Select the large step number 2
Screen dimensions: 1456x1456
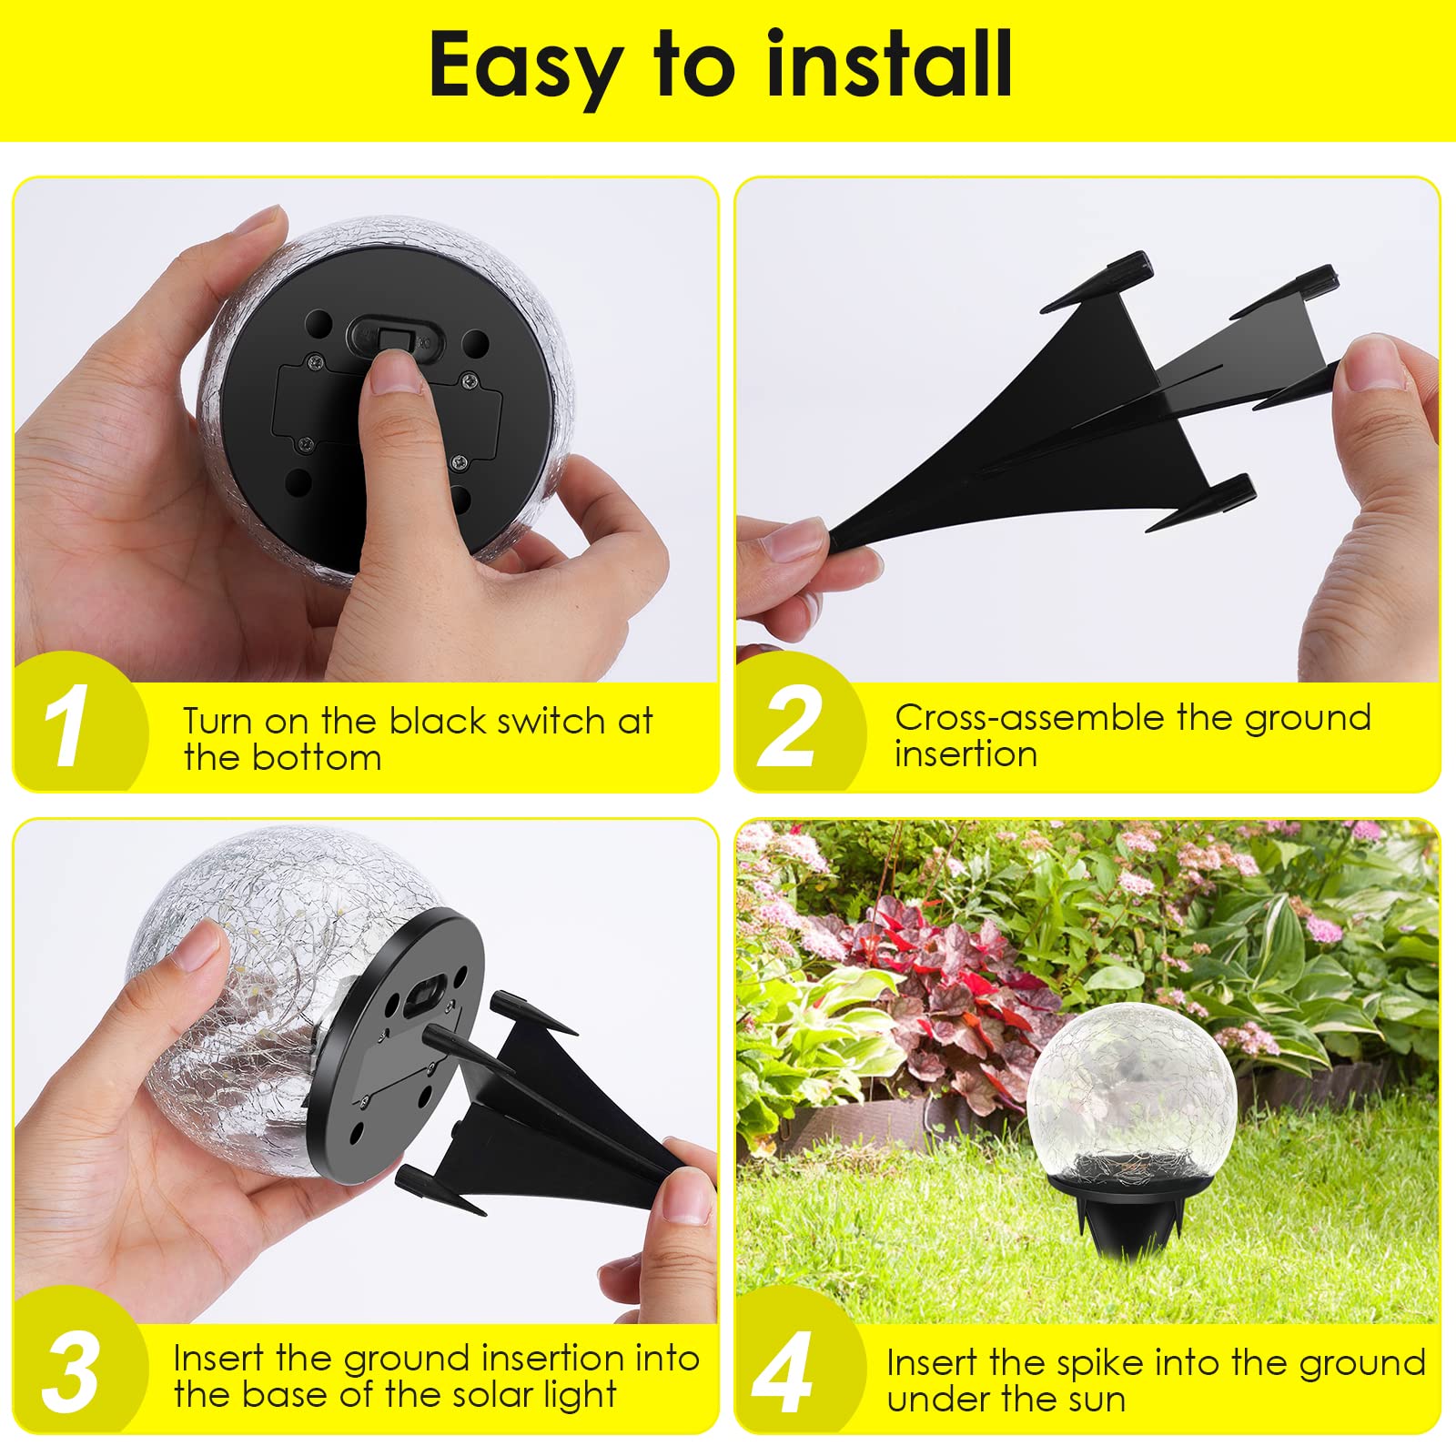[x=788, y=726]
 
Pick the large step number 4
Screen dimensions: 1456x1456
[x=783, y=1374]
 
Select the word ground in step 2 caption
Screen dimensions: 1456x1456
[x=1307, y=717]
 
